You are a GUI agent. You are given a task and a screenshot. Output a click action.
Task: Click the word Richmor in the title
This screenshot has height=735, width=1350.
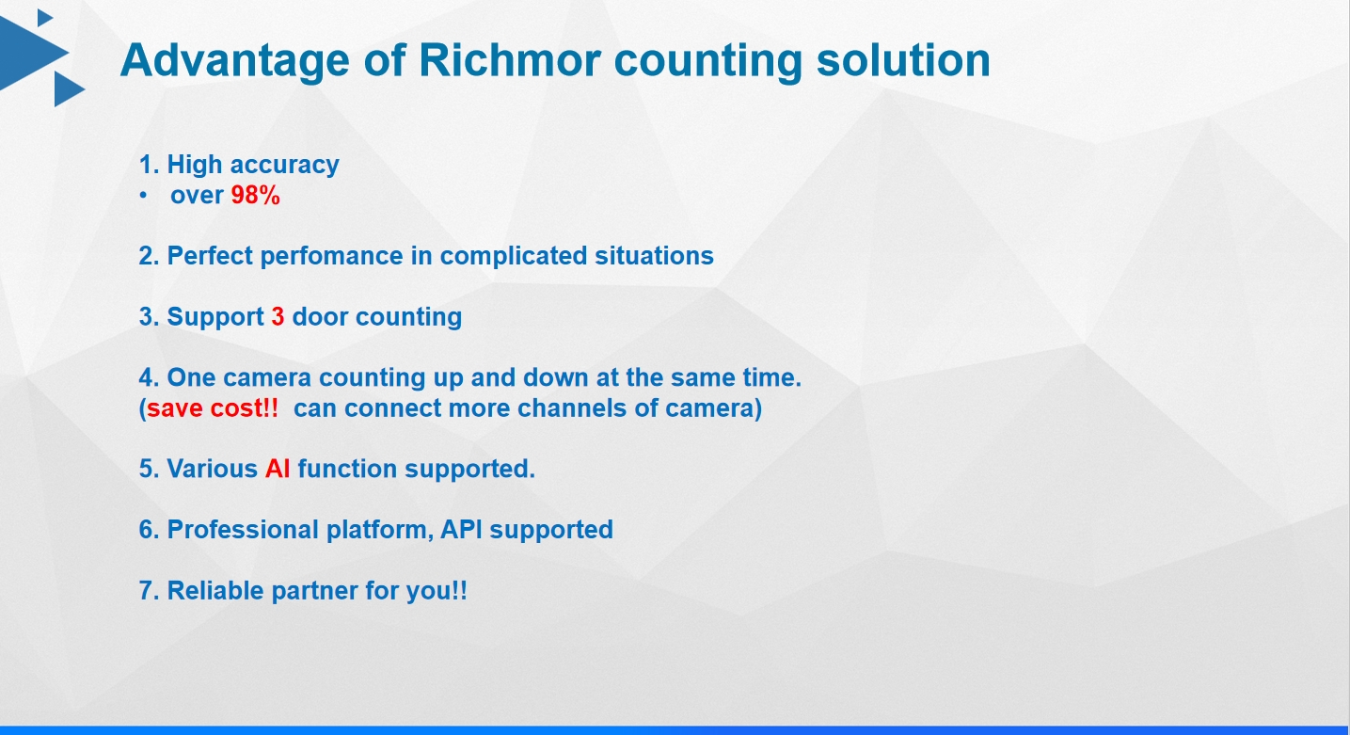pos(509,60)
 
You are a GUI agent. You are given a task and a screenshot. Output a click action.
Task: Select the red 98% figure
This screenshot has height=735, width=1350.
pos(256,196)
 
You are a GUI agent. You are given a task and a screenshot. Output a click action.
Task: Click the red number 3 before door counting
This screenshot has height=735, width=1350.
pos(278,316)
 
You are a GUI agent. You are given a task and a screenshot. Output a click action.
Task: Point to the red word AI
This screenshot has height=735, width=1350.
pos(278,469)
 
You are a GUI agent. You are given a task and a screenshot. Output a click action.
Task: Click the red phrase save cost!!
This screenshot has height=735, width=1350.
pos(213,408)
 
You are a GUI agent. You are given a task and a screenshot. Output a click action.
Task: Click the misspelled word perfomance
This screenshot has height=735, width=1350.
pos(331,257)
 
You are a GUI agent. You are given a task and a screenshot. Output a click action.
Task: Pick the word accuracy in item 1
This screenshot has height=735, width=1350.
pos(284,166)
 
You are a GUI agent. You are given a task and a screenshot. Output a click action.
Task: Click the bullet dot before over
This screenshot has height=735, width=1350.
pos(143,196)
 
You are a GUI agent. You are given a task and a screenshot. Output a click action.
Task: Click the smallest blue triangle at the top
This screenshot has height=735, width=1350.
pos(45,18)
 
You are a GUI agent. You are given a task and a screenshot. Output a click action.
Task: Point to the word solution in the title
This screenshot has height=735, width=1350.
pos(903,60)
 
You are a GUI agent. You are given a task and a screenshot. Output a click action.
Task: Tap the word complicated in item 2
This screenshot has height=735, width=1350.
pos(514,257)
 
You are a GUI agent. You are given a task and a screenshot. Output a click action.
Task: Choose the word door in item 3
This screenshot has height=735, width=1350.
pos(320,316)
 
